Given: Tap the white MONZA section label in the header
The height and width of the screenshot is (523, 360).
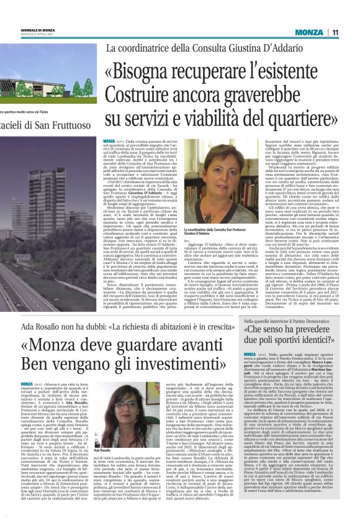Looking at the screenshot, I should pos(308,32).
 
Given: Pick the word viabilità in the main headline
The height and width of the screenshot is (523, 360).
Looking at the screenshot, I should pos(212,118).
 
